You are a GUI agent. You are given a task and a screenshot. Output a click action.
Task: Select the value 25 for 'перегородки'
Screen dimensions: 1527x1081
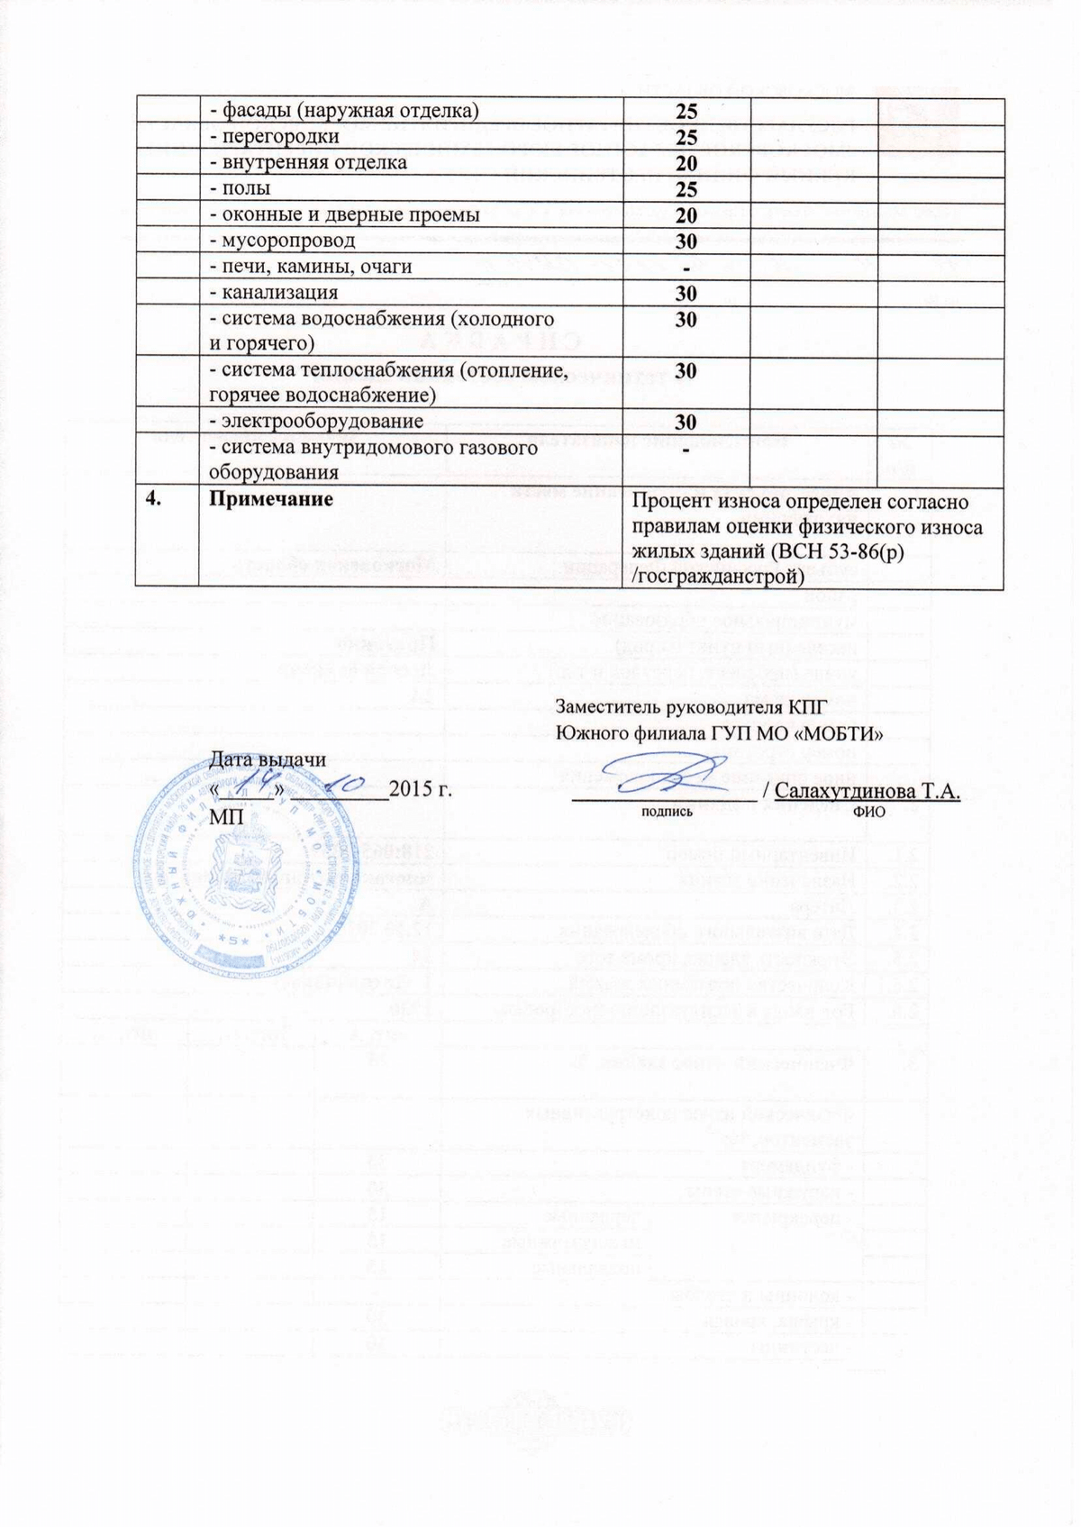pyautogui.click(x=686, y=138)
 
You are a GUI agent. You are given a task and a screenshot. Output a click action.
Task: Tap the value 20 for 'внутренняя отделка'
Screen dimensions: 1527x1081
pyautogui.click(x=686, y=164)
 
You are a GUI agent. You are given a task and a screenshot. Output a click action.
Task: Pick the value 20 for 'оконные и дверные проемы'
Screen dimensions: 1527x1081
pyautogui.click(x=686, y=215)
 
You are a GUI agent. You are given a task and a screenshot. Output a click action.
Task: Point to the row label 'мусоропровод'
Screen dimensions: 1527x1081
pyautogui.click(x=282, y=241)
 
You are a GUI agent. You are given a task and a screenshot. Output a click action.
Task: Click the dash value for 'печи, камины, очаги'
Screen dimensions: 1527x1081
pyautogui.click(x=686, y=268)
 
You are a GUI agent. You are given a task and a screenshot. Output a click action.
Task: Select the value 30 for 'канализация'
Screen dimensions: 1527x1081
pyautogui.click(x=686, y=294)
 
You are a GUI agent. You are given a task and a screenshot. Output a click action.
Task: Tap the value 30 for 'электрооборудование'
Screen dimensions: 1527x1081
pyautogui.click(x=686, y=422)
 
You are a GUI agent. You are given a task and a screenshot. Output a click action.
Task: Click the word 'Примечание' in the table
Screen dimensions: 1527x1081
pyautogui.click(x=269, y=499)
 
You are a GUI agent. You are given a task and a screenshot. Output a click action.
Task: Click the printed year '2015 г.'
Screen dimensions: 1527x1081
pyautogui.click(x=421, y=793)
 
